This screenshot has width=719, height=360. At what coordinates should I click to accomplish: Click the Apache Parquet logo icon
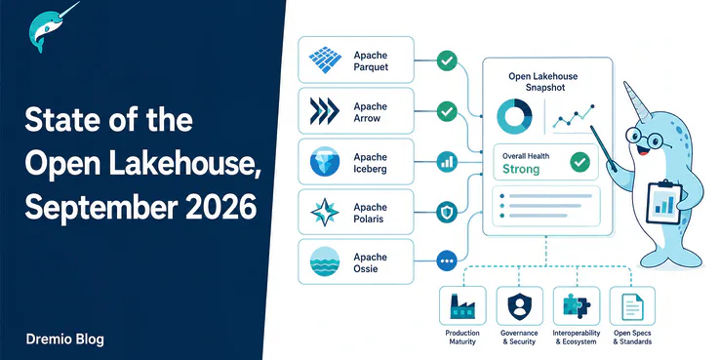325,60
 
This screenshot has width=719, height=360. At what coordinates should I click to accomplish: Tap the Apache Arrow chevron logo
325,111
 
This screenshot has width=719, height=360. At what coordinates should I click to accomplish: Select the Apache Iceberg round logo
325,162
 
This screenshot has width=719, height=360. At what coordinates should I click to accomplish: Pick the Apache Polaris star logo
325,213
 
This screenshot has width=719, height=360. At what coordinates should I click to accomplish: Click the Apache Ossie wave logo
325,261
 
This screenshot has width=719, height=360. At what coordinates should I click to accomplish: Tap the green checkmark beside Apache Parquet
447,60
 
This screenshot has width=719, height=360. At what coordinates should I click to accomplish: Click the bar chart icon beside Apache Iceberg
447,162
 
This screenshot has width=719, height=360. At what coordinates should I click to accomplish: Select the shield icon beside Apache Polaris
447,213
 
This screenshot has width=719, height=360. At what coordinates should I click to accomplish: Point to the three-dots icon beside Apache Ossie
446,261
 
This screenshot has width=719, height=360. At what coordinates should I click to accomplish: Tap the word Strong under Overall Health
521,169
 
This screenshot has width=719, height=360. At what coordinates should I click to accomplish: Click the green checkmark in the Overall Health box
580,162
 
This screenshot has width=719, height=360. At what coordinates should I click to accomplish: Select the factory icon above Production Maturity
462,306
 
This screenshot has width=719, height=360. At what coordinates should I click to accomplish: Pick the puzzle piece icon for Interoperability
577,305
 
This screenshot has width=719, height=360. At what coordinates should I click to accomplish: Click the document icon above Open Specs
632,306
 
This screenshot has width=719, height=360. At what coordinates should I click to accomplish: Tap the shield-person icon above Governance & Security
520,306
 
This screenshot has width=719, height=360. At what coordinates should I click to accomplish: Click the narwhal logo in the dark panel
52,27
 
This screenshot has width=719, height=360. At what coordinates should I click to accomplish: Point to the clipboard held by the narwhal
663,201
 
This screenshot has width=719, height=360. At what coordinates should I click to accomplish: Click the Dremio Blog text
65,340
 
